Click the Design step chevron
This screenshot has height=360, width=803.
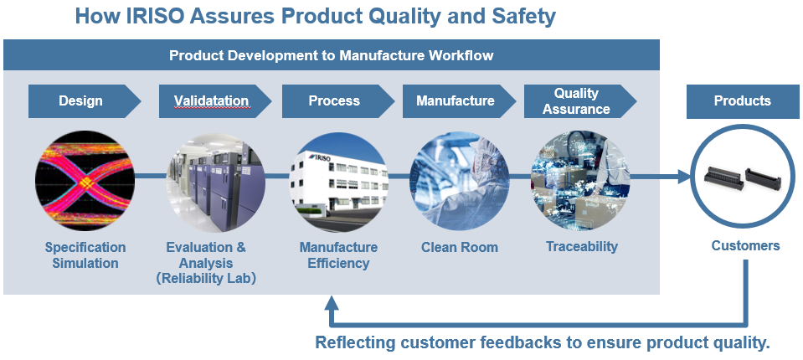tap(85, 100)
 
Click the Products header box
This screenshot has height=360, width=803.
tap(743, 100)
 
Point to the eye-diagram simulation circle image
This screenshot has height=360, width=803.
tap(85, 181)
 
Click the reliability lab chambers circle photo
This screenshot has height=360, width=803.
tap(215, 183)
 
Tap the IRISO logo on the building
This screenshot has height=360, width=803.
tap(322, 157)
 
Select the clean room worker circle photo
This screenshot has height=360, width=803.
tap(460, 181)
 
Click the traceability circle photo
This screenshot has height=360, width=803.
tap(580, 180)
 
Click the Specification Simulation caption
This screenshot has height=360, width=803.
tap(85, 255)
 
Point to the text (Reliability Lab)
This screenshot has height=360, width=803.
tap(206, 279)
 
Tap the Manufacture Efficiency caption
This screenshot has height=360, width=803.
tap(338, 255)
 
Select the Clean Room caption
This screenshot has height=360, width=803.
tap(460, 247)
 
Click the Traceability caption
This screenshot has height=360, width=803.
tap(582, 246)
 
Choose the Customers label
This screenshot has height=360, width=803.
tap(745, 246)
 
